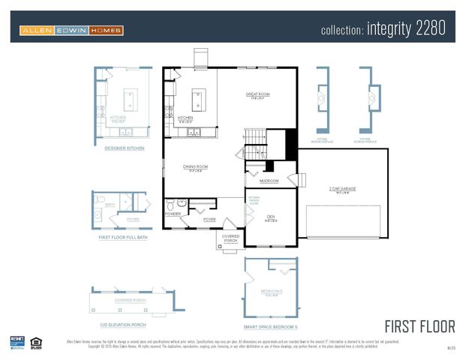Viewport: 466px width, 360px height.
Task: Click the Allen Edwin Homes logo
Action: click(71, 31)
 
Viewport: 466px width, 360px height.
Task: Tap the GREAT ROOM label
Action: click(257, 94)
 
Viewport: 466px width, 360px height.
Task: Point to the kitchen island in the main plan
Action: click(199, 97)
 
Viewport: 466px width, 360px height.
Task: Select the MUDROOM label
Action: click(269, 181)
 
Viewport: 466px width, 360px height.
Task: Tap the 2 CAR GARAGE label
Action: click(343, 189)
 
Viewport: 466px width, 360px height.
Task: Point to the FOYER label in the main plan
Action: click(209, 219)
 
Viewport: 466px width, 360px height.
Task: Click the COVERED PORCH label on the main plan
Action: click(230, 238)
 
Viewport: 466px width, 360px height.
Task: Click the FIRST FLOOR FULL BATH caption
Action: click(119, 236)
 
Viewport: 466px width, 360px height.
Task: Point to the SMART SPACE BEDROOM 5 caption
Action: click(270, 327)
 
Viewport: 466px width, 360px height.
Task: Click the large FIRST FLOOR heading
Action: click(419, 326)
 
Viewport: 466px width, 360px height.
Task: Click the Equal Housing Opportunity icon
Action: click(37, 343)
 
